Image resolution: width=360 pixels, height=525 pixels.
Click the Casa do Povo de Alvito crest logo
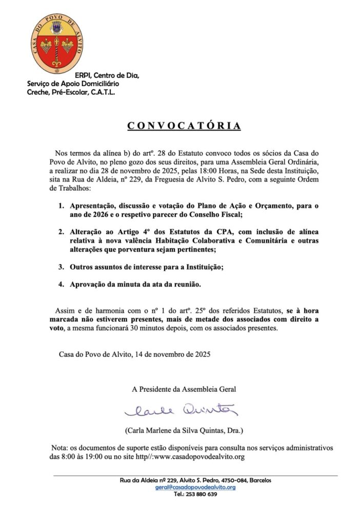coord(56,44)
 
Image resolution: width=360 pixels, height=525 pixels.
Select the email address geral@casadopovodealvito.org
coord(195,487)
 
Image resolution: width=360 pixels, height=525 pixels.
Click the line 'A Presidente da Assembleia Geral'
coord(184,389)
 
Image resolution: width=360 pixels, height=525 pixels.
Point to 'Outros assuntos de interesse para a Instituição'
coord(154,266)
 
